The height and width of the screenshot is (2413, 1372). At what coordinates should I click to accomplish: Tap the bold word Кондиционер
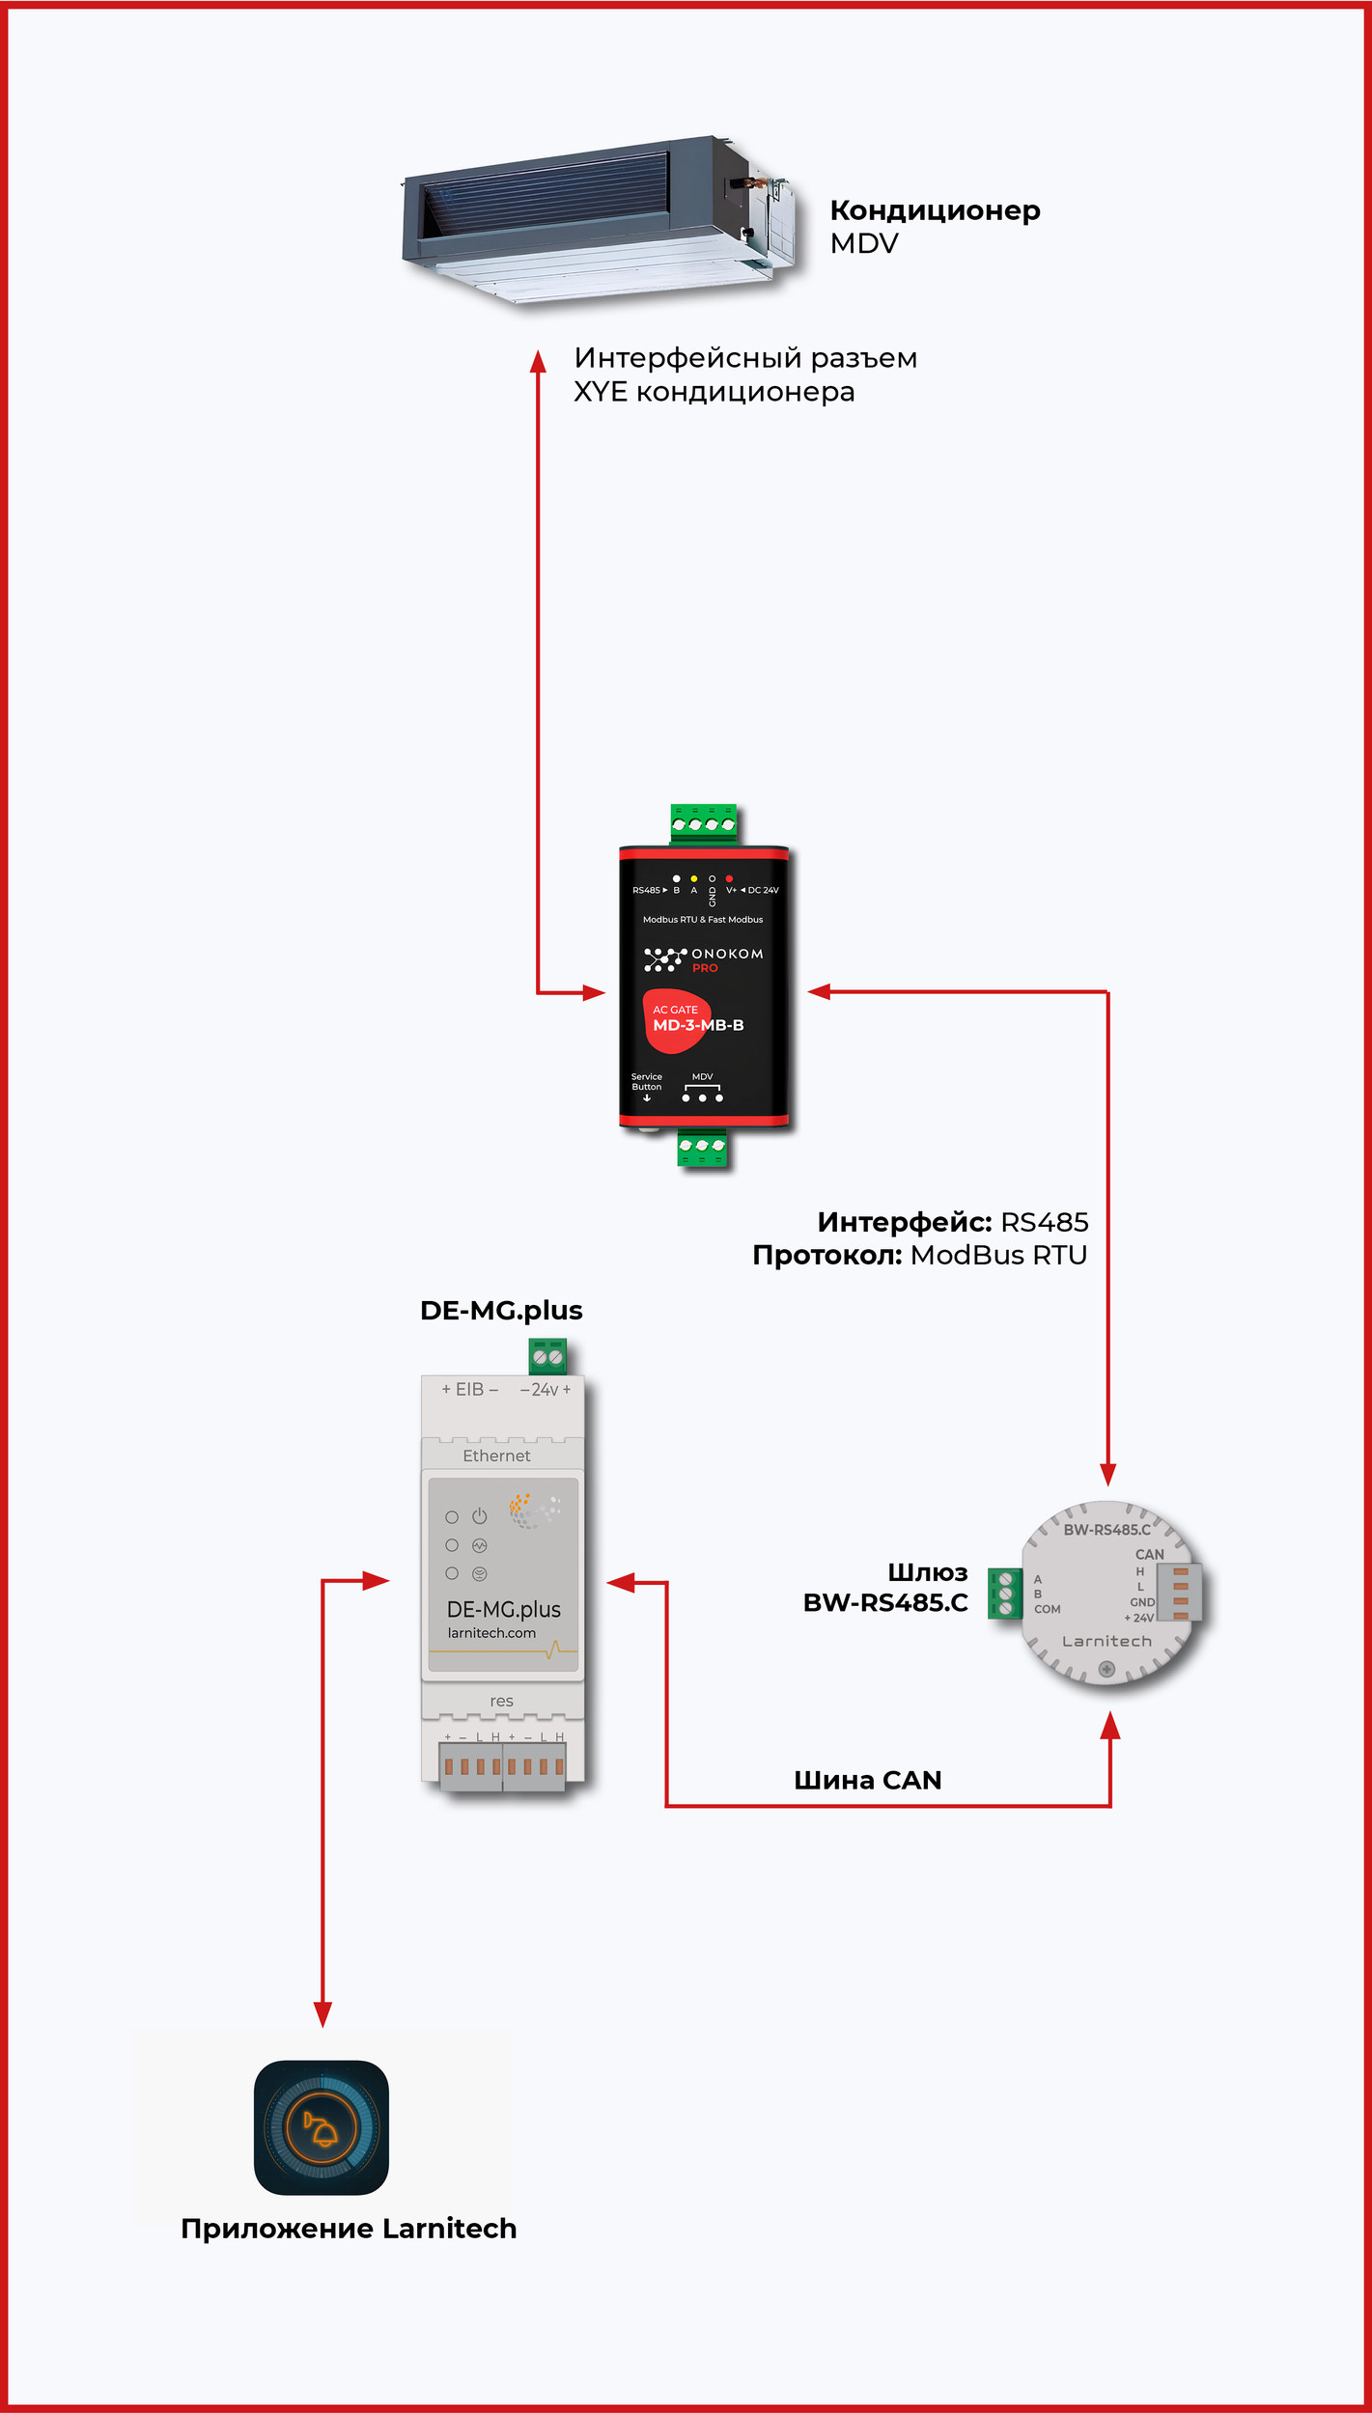click(x=935, y=210)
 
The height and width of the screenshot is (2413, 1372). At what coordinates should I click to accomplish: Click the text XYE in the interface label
click(x=600, y=392)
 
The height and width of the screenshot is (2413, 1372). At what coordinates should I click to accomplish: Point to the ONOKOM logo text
click(x=727, y=954)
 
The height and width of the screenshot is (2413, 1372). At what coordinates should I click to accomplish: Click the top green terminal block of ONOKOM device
click(x=704, y=823)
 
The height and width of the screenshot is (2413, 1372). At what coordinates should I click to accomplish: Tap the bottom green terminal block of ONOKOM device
click(x=702, y=1147)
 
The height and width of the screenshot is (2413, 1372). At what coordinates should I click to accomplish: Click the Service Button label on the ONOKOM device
click(x=647, y=1082)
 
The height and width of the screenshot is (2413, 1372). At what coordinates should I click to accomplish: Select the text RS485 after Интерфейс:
click(x=1044, y=1223)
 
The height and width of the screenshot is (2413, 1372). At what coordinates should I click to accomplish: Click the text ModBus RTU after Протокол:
click(x=998, y=1256)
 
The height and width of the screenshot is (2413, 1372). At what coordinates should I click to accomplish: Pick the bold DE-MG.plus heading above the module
click(x=501, y=1311)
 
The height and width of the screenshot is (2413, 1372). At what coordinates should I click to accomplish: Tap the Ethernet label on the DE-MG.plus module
click(x=496, y=1456)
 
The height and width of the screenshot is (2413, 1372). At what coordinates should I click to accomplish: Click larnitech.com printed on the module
click(x=491, y=1633)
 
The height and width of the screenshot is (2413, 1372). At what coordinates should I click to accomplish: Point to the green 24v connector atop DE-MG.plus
click(x=547, y=1357)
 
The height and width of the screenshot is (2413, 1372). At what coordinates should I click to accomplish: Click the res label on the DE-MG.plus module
click(x=501, y=1701)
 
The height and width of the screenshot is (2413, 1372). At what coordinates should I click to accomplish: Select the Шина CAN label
click(x=867, y=1781)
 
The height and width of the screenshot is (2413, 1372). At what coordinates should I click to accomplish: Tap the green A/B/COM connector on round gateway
click(x=1005, y=1594)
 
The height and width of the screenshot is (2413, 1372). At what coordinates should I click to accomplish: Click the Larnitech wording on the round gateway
click(x=1106, y=1641)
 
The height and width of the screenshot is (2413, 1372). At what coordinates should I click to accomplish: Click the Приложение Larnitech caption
click(x=349, y=2229)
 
